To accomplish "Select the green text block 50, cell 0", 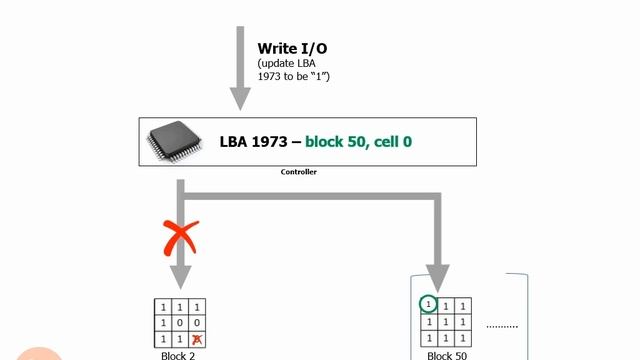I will (358, 142).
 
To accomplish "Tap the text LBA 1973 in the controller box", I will (257, 142).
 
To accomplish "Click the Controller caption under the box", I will (299, 172).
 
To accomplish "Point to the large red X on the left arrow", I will (180, 238).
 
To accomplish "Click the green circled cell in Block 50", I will (428, 304).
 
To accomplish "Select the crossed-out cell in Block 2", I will (197, 341).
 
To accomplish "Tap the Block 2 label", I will (178, 355).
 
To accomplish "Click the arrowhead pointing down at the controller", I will (240, 98).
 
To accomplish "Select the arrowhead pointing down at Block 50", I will (437, 275).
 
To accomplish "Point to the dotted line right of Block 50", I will (502, 326).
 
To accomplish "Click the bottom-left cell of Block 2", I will (163, 341).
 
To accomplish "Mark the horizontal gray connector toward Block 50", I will (310, 195).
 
